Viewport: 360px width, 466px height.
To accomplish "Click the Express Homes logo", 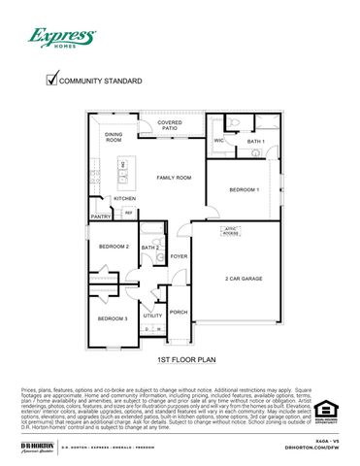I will coord(61,39).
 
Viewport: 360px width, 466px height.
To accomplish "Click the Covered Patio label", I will coord(170,126).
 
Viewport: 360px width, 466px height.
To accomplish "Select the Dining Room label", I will coord(114,137).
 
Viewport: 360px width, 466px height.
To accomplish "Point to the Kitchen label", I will coord(125,198).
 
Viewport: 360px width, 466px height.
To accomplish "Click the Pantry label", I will coord(100,216).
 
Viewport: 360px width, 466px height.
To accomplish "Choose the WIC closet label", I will coord(219,141).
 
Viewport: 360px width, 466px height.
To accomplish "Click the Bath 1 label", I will coord(254,143).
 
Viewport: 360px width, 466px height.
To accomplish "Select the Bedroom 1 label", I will coord(244,189).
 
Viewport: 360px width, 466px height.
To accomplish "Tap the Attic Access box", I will coord(231,232).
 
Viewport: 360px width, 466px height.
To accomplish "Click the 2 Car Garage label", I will coord(244,279).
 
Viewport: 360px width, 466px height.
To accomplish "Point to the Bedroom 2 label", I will coord(114,247).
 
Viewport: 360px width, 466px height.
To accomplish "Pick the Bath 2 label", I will coord(150,249).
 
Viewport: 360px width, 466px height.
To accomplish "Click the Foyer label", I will coord(179,256).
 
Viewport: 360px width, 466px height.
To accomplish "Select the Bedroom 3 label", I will coord(113,318).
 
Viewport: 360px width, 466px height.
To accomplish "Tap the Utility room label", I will coord(152,316).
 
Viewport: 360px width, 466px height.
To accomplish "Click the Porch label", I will coord(179,312).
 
